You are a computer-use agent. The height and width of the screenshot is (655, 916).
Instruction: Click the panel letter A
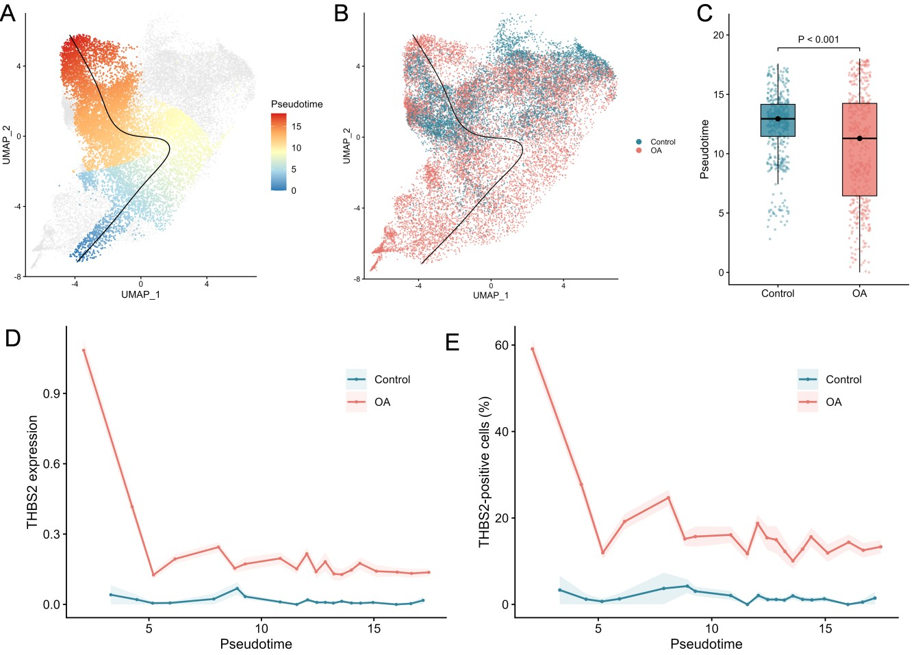(8, 14)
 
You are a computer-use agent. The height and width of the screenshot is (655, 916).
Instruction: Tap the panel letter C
(704, 14)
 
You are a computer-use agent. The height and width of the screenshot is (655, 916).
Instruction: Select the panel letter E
(453, 342)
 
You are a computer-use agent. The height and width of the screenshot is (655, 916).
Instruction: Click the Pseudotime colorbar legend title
(296, 104)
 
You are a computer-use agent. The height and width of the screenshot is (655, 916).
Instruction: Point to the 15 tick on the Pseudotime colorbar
(296, 127)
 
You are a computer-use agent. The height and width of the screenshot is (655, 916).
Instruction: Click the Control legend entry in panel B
(656, 142)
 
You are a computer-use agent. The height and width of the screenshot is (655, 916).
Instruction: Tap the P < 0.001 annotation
(819, 39)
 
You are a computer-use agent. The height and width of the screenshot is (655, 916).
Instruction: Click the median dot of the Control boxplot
(778, 118)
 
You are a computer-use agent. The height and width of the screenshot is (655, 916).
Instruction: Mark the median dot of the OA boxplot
(860, 139)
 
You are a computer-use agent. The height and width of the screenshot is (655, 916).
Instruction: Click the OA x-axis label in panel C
(860, 293)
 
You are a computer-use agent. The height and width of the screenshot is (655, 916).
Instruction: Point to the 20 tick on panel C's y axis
(718, 35)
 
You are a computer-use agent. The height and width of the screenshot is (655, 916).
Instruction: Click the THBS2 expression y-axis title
(32, 472)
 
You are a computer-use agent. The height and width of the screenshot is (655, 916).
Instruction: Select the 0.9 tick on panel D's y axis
(51, 394)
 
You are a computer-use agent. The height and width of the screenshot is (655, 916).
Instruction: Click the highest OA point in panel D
(84, 350)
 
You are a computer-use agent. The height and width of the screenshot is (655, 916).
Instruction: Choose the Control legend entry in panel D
(378, 379)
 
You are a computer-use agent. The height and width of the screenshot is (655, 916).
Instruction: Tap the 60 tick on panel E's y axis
(502, 345)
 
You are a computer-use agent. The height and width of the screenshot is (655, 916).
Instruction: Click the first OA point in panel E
(533, 349)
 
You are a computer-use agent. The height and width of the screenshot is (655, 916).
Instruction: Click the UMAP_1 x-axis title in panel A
(140, 294)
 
